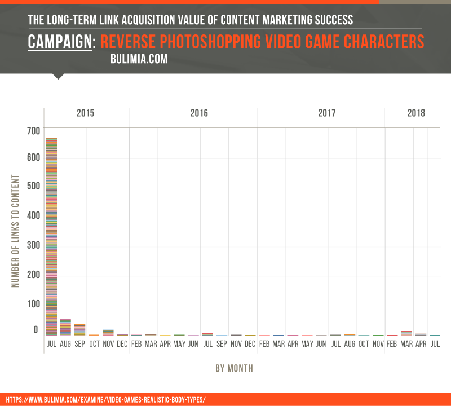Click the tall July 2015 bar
click(x=51, y=237)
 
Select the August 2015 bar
click(x=65, y=327)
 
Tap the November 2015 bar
click(x=108, y=332)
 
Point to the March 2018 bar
click(x=406, y=333)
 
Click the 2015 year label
click(x=86, y=113)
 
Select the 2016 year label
click(x=199, y=113)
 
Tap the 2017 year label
click(x=327, y=113)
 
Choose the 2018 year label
click(x=417, y=113)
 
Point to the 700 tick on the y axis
click(x=33, y=131)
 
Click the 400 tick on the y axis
click(x=33, y=215)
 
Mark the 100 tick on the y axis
click(x=33, y=304)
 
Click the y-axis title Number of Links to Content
click(x=16, y=231)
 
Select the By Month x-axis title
click(x=234, y=368)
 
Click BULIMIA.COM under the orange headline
click(x=139, y=59)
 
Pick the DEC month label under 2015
click(x=122, y=343)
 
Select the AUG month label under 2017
click(x=350, y=343)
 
